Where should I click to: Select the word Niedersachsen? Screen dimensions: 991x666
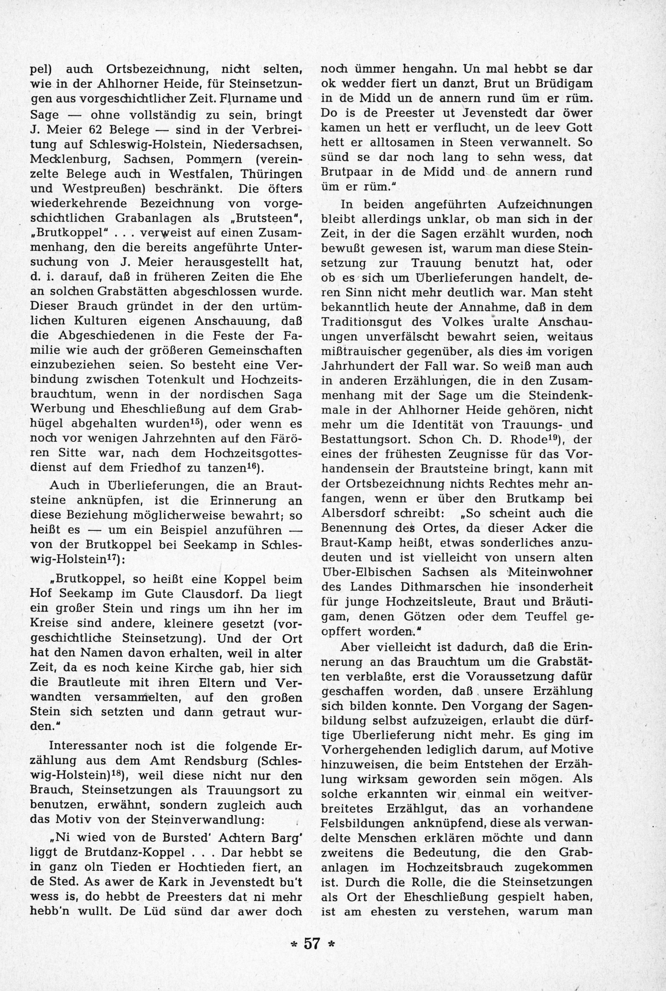click(x=257, y=144)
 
